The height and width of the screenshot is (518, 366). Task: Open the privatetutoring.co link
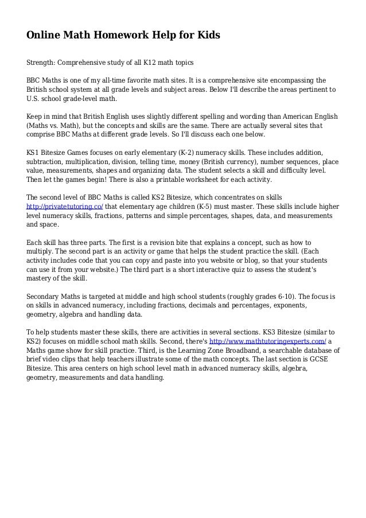pyautogui.click(x=65, y=207)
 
